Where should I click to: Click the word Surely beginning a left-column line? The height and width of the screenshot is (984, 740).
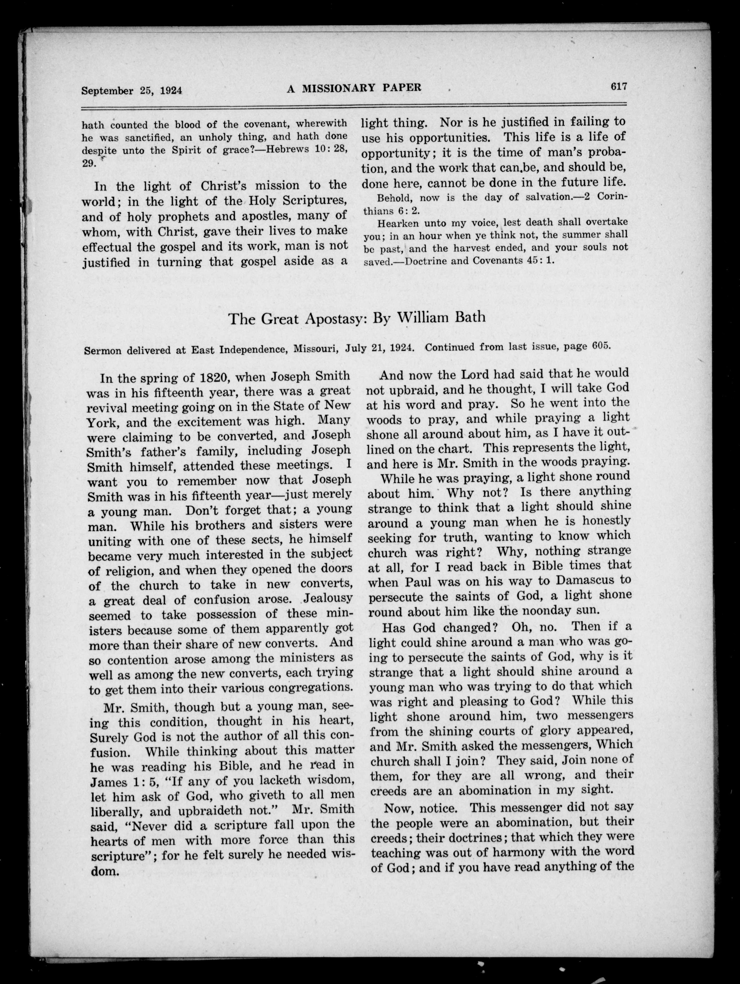[109, 737]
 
